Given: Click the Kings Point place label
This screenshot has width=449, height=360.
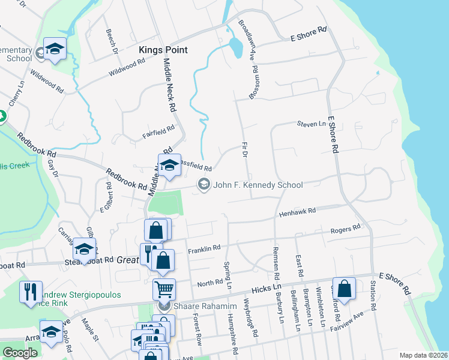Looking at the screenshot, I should [x=163, y=50].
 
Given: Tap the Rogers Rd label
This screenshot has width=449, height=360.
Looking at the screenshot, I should [x=345, y=229].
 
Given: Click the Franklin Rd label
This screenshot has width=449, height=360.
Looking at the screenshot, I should [x=204, y=248].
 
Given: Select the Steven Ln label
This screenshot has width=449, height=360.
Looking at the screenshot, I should [x=311, y=124].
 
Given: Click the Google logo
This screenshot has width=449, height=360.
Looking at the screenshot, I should [x=20, y=353].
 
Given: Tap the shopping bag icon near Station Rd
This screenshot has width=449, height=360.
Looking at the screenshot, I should [x=345, y=289].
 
